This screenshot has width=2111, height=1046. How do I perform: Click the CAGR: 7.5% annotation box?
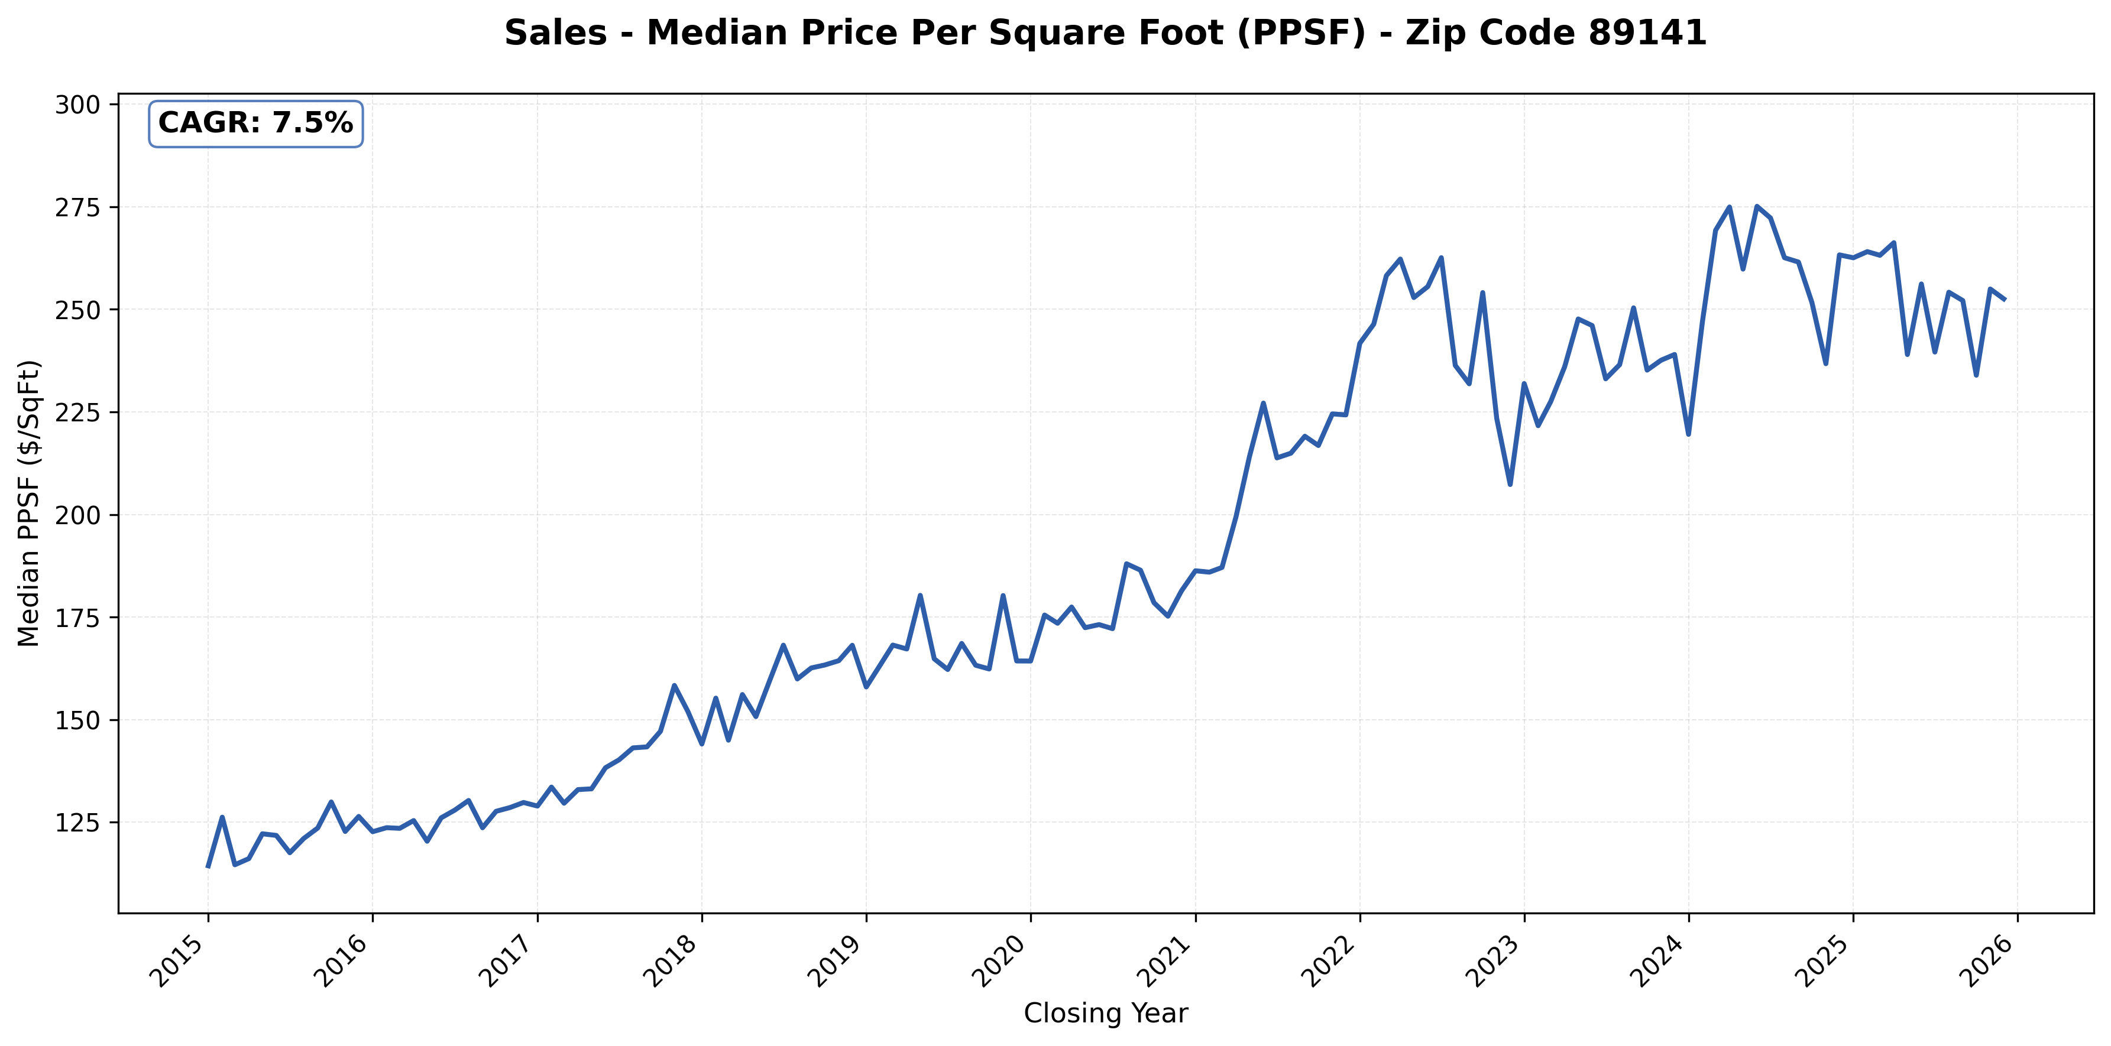[255, 124]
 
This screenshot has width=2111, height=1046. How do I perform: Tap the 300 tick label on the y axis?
[77, 105]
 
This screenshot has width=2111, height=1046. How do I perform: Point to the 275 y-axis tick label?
[77, 207]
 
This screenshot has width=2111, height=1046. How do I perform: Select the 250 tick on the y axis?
[77, 310]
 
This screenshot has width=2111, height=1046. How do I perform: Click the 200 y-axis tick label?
[77, 515]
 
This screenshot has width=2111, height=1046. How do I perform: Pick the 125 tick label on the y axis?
[77, 823]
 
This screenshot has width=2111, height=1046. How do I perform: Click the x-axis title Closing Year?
[1106, 1014]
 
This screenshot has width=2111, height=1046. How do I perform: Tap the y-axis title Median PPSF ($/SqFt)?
[29, 503]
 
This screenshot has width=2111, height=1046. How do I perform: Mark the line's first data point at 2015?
[208, 866]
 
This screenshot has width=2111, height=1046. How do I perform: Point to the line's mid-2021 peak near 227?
[1264, 403]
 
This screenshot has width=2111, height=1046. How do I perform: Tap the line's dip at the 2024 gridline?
[1688, 434]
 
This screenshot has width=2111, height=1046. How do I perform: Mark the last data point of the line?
[2005, 300]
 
